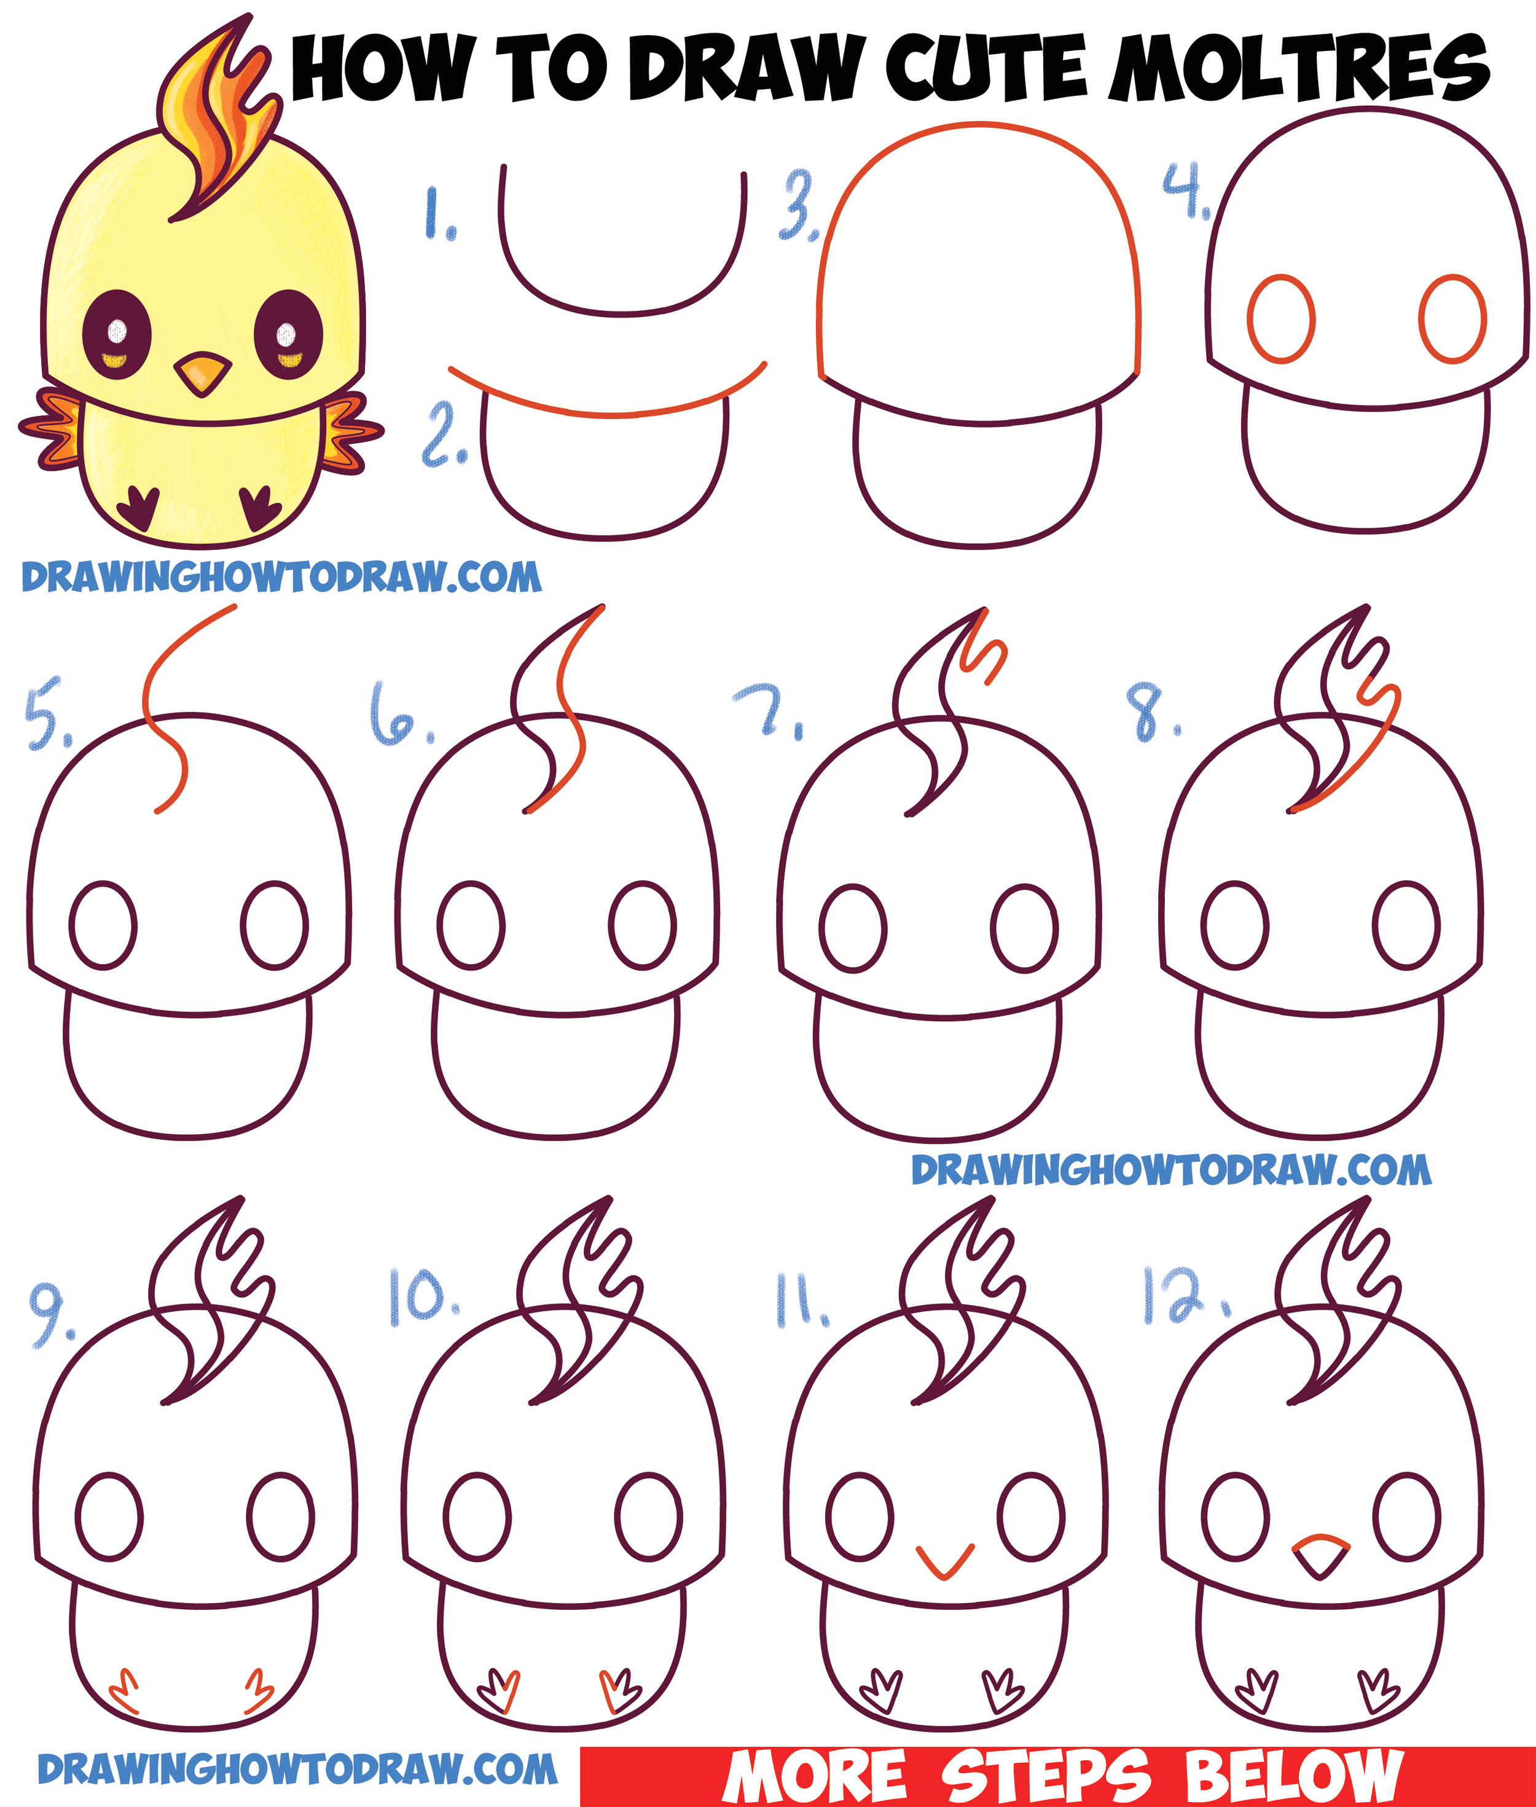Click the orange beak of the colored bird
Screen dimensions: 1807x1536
pyautogui.click(x=203, y=374)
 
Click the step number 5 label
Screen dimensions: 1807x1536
pyautogui.click(x=45, y=713)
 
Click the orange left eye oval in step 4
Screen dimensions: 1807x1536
pyautogui.click(x=1280, y=319)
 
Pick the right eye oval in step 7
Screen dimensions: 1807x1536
pyautogui.click(x=1025, y=928)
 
